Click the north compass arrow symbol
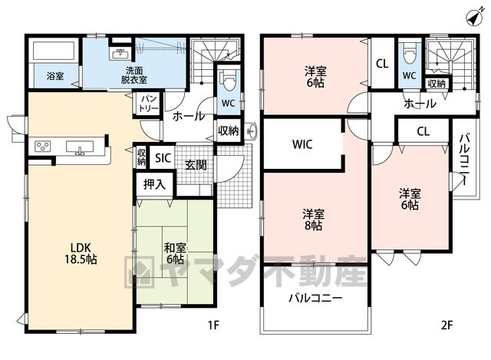tap(474, 18)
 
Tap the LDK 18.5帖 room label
tap(81, 253)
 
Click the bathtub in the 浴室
tap(54, 51)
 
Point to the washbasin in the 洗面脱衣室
tap(120, 54)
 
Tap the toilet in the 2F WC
tap(410, 54)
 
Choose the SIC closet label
tap(163, 158)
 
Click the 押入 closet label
tap(154, 184)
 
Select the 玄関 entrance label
tap(196, 165)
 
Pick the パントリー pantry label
tap(148, 103)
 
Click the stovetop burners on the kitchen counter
tap(43, 147)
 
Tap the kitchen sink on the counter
tap(80, 147)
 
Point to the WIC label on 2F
tap(302, 144)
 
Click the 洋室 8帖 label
tap(313, 220)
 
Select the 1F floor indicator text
tap(213, 325)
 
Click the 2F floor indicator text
tap(447, 325)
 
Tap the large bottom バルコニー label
tap(315, 298)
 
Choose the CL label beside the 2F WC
tap(382, 64)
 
